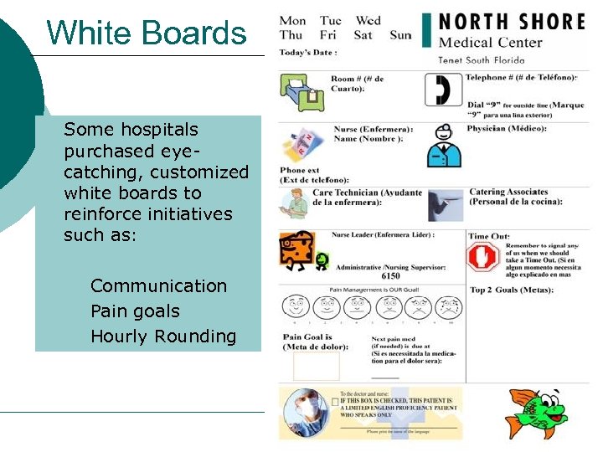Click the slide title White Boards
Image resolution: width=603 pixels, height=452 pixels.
pos(147,33)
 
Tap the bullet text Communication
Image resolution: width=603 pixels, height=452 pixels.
pos(158,285)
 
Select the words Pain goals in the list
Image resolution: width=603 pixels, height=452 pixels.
pos(135,311)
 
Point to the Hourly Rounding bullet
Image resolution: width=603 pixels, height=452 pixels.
pos(163,336)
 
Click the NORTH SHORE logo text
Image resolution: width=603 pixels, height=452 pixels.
pos(512,21)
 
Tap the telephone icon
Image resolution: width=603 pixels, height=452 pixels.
pos(438,90)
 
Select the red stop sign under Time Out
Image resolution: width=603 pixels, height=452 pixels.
pos(483,257)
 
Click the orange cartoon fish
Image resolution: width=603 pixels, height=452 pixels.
pos(536,412)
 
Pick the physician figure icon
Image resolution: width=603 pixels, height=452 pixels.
pos(444,146)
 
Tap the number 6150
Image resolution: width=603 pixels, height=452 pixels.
pos(390,275)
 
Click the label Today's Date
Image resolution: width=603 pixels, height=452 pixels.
pos(308,52)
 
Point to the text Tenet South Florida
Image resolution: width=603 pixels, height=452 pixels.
pos(481,59)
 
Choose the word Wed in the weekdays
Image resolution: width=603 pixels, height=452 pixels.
pos(368,20)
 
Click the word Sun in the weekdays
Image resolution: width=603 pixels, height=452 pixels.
pos(400,34)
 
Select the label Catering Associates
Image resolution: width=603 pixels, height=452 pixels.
pos(508,192)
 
